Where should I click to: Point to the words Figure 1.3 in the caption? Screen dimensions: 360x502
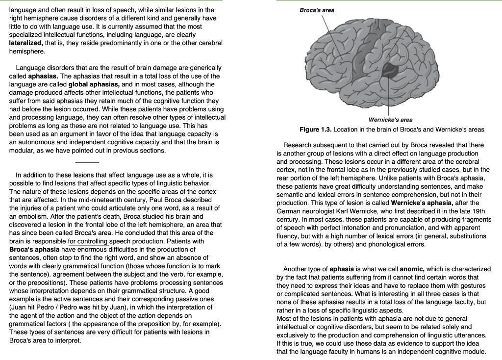click(316, 129)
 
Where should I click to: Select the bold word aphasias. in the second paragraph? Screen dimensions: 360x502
click(44, 77)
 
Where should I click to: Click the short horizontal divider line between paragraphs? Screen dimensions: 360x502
click(87, 161)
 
